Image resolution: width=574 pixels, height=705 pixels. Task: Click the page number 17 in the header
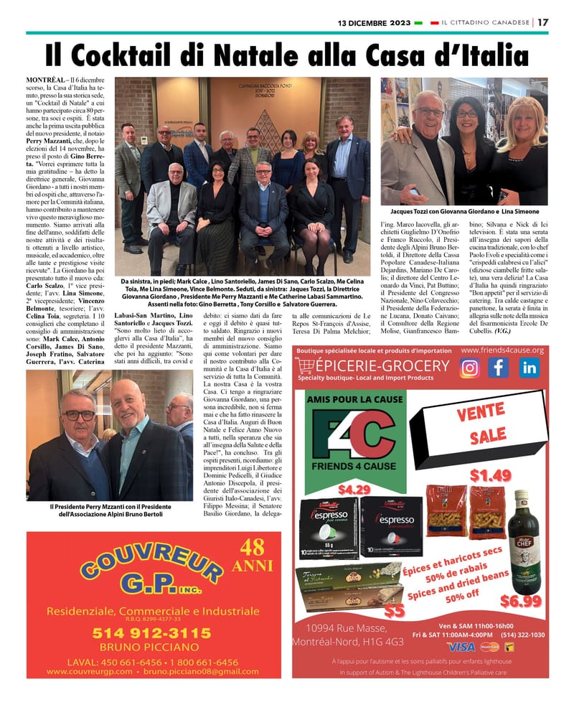pyautogui.click(x=543, y=22)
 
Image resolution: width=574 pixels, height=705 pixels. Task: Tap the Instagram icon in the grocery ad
pyautogui.click(x=470, y=368)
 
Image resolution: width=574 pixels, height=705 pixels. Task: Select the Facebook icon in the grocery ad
pyautogui.click(x=499, y=368)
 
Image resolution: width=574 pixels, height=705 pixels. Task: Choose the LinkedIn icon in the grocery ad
pyautogui.click(x=530, y=368)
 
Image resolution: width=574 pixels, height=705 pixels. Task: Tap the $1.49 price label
pyautogui.click(x=491, y=475)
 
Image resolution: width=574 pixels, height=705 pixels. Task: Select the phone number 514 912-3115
pyautogui.click(x=151, y=633)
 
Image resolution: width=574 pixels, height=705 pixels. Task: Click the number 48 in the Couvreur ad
pyautogui.click(x=253, y=548)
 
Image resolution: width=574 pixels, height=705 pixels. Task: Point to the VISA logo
pyautogui.click(x=461, y=646)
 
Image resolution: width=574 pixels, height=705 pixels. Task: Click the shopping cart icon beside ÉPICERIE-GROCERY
pyautogui.click(x=306, y=367)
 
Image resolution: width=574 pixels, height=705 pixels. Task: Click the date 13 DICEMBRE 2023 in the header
pyautogui.click(x=375, y=22)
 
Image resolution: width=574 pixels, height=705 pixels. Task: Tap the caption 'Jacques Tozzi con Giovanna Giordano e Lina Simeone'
pyautogui.click(x=464, y=213)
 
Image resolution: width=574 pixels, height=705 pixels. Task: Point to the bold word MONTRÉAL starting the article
pyautogui.click(x=45, y=78)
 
